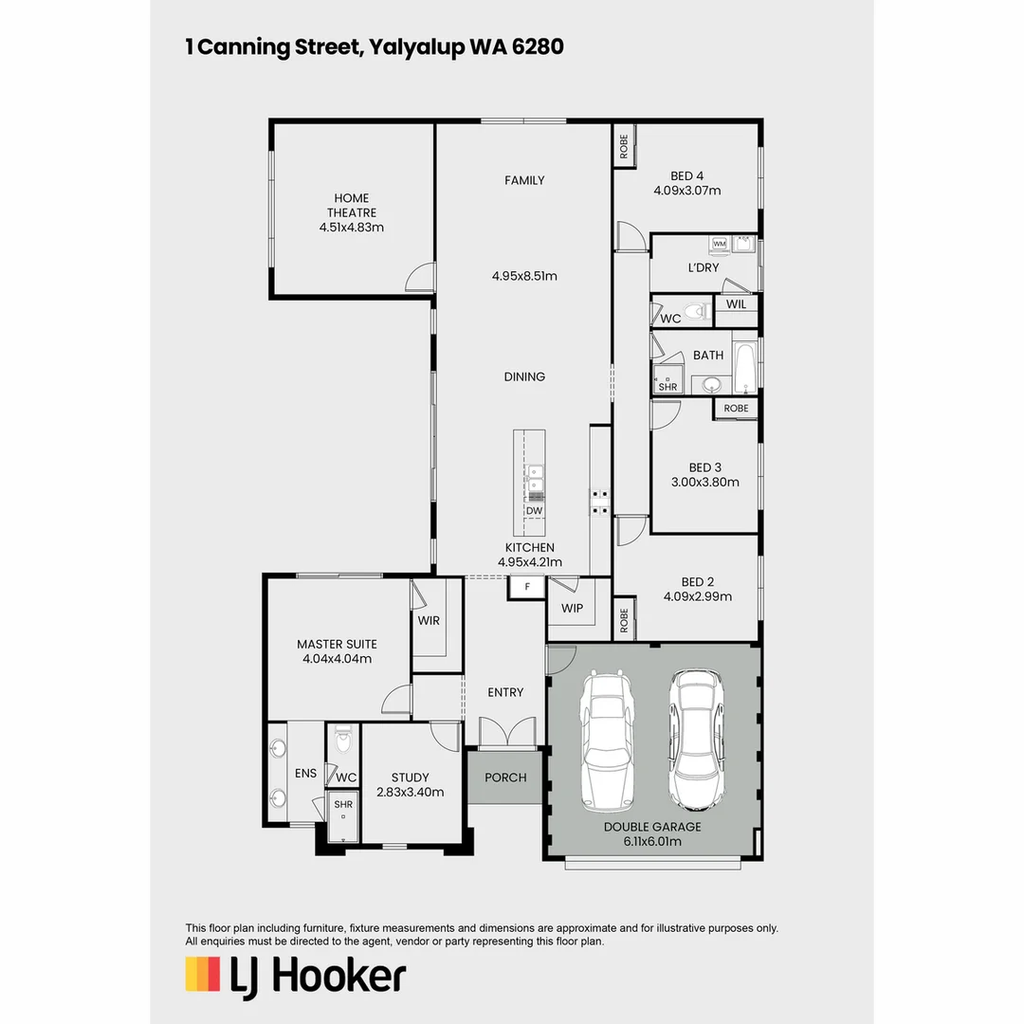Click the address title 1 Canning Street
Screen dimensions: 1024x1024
pos(375,47)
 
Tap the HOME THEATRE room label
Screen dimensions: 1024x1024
pos(351,206)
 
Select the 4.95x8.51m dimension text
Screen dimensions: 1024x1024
pos(524,277)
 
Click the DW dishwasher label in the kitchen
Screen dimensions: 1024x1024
pos(534,511)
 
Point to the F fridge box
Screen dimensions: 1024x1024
pos(526,588)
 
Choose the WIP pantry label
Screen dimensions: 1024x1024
pos(572,608)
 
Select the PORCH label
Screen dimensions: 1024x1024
pos(505,777)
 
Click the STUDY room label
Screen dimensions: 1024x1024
pos(410,777)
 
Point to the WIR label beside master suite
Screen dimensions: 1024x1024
pos(429,621)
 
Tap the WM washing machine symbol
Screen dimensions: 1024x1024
pos(719,245)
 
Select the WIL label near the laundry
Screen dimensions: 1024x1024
pos(736,305)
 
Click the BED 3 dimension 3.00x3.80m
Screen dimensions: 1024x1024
pos(704,482)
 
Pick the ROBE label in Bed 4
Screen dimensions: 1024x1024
pos(623,146)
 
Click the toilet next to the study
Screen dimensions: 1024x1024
pos(343,741)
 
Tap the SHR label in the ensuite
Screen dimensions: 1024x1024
pos(342,804)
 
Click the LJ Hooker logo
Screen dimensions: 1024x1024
pos(295,976)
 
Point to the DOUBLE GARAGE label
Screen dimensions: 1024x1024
pos(652,827)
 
